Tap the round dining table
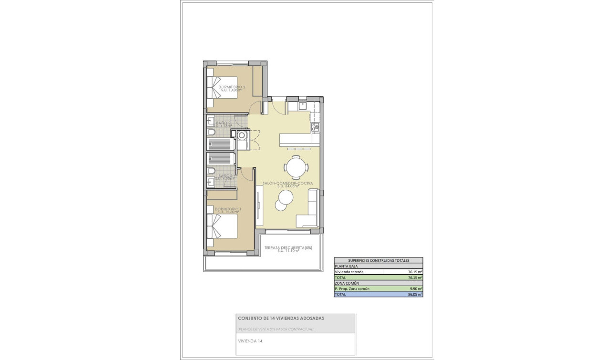[x=296, y=167]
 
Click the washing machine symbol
[x=243, y=135]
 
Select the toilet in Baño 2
[x=211, y=132]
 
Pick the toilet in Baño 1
[x=211, y=171]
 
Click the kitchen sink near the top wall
[x=303, y=106]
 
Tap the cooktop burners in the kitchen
[x=315, y=127]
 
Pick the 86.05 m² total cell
[x=415, y=295]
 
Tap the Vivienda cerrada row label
[x=349, y=272]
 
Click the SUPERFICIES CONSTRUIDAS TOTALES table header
[x=379, y=260]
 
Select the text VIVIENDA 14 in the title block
[x=250, y=341]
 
